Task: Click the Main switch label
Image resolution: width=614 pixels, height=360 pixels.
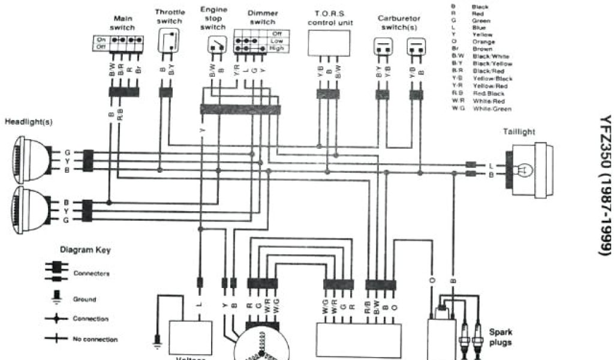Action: (x=122, y=23)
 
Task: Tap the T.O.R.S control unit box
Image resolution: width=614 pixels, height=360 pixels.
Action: (x=330, y=42)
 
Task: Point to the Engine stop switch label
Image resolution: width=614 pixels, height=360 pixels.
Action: (x=213, y=19)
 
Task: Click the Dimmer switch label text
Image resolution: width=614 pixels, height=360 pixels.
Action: (x=262, y=17)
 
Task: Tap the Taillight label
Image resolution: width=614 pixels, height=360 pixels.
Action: (x=520, y=131)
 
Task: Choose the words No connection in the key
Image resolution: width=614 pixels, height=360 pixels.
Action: (x=95, y=340)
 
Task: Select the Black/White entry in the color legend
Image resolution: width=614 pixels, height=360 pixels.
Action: (x=490, y=56)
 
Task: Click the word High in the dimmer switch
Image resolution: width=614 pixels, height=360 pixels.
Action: (x=277, y=47)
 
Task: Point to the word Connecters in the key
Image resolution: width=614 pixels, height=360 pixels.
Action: (x=91, y=274)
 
